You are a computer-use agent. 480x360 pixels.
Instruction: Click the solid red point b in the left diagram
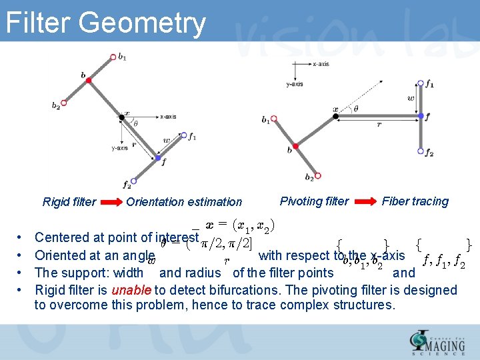pos(89,80)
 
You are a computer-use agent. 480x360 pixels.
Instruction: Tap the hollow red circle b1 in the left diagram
pos(113,57)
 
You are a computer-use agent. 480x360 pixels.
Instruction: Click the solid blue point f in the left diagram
pos(157,157)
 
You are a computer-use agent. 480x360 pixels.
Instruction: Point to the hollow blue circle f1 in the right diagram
pos(421,85)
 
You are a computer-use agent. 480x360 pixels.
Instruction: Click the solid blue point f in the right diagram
pos(421,116)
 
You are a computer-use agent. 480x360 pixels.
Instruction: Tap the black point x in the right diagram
pos(336,115)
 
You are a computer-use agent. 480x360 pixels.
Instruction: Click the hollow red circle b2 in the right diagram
pos(318,175)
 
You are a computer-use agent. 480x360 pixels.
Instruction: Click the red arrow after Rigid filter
pos(111,202)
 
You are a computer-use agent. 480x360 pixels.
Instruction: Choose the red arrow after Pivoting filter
pos(365,201)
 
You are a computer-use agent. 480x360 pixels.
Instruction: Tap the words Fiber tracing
pos(415,201)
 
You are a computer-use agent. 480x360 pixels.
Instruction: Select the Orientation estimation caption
pos(184,202)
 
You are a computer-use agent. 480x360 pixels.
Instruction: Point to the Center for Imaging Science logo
pos(438,342)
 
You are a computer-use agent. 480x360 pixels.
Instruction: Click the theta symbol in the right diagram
pos(355,109)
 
